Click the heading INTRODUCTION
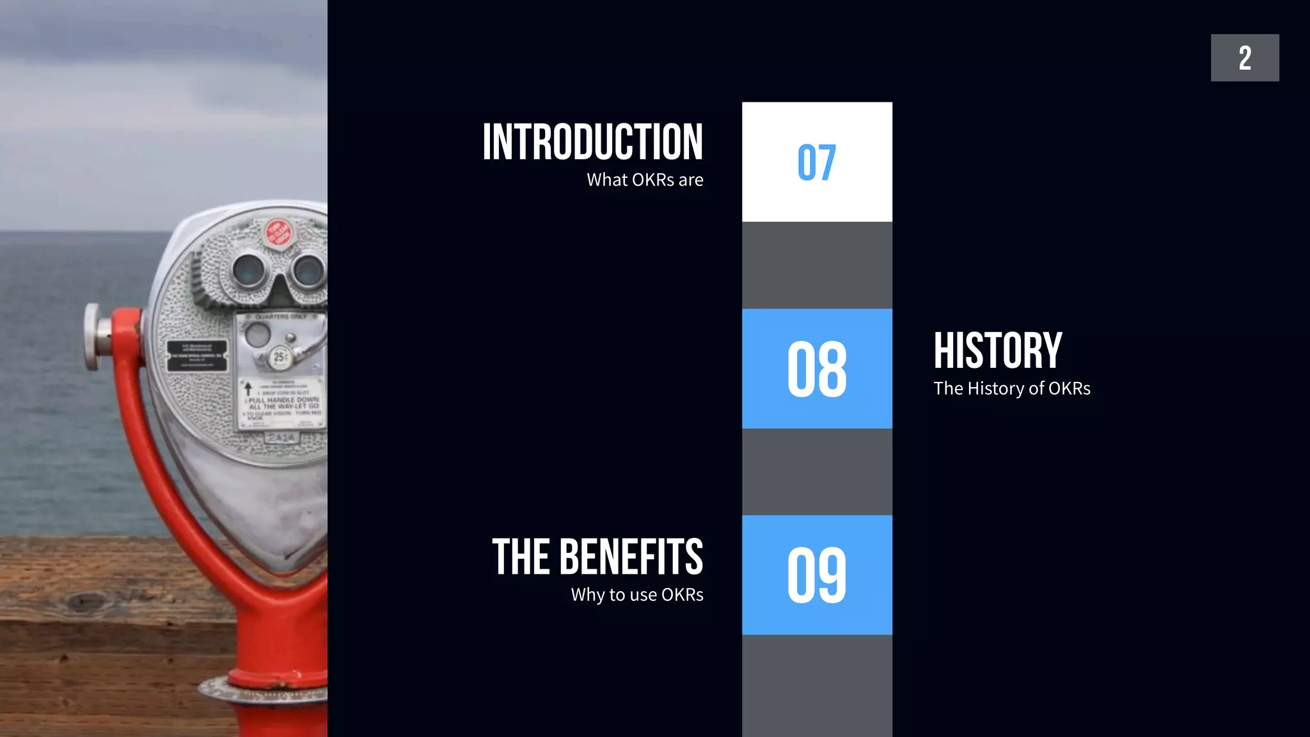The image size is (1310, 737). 592,142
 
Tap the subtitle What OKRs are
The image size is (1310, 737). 645,180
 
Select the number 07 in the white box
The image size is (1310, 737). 816,162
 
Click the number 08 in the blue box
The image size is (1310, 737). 816,369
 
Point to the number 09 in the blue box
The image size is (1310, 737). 816,575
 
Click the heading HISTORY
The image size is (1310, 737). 997,351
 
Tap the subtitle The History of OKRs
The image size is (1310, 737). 1011,388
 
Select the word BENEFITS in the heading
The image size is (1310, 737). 631,557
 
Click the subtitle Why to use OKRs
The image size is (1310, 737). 637,595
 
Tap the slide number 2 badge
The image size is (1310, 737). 1244,58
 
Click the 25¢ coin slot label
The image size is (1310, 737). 280,357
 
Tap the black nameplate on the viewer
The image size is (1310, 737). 196,356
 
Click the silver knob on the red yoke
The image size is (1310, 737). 93,337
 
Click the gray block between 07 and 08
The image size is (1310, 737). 816,265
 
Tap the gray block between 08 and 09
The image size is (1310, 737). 816,472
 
